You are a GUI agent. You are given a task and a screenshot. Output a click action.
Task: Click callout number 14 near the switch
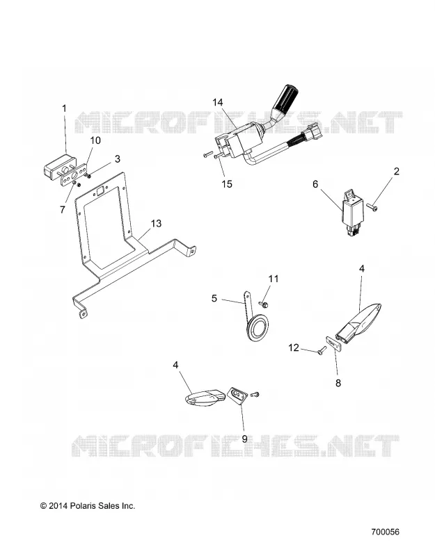pyautogui.click(x=218, y=102)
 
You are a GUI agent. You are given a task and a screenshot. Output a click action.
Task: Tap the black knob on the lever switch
pyautogui.click(x=285, y=97)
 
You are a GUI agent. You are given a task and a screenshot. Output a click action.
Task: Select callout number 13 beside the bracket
pyautogui.click(x=156, y=223)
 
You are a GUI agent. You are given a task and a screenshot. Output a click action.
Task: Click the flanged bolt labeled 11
pyautogui.click(x=264, y=304)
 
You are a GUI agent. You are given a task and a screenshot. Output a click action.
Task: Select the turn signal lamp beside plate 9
pyautogui.click(x=205, y=398)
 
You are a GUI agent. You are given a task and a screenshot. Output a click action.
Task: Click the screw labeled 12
pyautogui.click(x=322, y=350)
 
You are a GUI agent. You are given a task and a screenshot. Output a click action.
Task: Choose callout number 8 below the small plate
pyautogui.click(x=338, y=383)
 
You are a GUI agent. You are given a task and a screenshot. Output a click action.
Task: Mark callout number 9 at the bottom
pyautogui.click(x=244, y=439)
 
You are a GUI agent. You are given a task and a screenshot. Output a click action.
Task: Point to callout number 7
pyautogui.click(x=63, y=210)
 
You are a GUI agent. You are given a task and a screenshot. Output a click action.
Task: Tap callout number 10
pyautogui.click(x=95, y=140)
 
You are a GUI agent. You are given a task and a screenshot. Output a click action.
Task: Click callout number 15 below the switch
pyautogui.click(x=227, y=184)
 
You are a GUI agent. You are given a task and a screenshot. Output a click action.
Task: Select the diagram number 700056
pyautogui.click(x=386, y=532)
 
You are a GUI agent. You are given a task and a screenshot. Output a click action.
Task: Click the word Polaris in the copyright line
pyautogui.click(x=82, y=506)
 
